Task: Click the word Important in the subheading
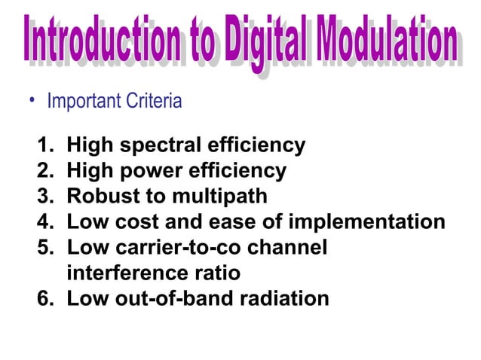point(81,101)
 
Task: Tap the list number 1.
point(46,145)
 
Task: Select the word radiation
point(283,299)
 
